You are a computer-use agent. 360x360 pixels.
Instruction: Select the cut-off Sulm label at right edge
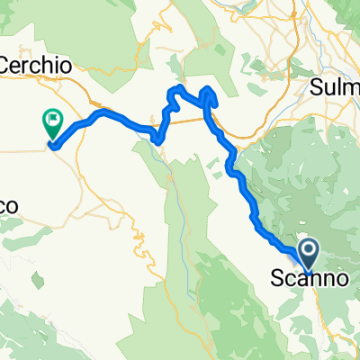[337, 87]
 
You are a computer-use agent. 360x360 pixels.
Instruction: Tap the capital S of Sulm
[317, 87]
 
